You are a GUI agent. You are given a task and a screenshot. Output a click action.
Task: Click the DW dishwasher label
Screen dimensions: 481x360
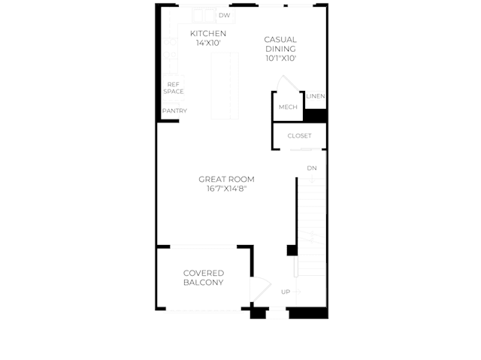[224, 15]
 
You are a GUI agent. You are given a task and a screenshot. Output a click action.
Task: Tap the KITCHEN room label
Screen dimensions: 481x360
[208, 33]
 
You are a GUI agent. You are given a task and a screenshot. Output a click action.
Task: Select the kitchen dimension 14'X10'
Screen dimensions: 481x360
[208, 43]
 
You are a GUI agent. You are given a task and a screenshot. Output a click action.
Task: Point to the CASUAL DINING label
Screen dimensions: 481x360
[280, 44]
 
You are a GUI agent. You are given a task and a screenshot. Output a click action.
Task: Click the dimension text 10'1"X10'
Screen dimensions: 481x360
[280, 59]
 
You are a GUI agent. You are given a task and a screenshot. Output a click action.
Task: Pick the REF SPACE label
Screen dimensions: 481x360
[174, 88]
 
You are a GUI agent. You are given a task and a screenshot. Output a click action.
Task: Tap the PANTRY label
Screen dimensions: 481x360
[174, 110]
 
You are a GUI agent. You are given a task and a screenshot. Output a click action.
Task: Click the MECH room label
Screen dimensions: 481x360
[288, 107]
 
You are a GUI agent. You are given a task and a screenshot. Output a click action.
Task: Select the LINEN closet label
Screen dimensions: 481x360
[316, 96]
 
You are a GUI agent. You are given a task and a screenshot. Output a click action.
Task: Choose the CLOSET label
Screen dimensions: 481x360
[299, 135]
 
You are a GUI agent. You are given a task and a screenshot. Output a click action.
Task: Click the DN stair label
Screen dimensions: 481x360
[312, 168]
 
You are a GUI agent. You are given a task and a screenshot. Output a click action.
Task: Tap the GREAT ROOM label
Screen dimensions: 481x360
[226, 179]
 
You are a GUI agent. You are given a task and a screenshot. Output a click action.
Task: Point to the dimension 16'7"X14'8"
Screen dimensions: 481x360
[227, 189]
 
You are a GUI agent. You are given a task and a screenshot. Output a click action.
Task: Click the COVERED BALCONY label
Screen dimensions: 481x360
[204, 278]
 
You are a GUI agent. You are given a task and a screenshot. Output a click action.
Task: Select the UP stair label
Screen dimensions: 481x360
[286, 292]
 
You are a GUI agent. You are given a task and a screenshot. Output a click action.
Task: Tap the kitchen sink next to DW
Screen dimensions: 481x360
[204, 16]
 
